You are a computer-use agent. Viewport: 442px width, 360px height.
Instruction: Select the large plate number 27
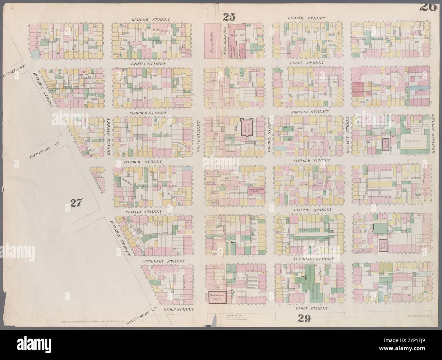coord(75,203)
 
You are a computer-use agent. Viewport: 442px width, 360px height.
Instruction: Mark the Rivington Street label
coord(434,133)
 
